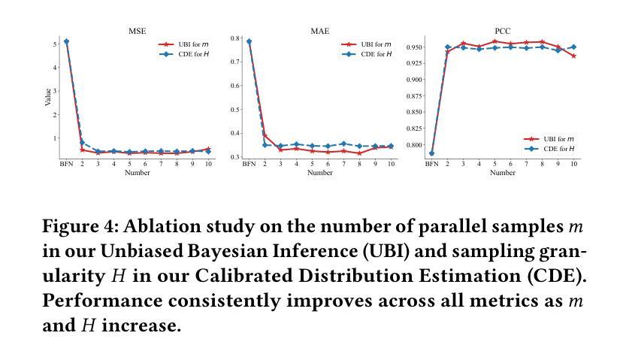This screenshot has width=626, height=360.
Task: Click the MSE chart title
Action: click(137, 32)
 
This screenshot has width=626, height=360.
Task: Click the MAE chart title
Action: click(319, 32)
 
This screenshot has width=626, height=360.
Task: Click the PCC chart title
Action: click(503, 32)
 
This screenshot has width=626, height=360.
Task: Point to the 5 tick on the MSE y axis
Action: click(54, 44)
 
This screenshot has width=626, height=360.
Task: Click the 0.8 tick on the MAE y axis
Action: click(236, 38)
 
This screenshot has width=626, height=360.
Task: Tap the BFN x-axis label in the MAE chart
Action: click(249, 163)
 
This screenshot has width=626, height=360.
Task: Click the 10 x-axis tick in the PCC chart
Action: click(574, 163)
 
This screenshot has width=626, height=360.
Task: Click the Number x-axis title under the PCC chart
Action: click(503, 173)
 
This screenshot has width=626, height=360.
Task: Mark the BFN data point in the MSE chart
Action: click(67, 41)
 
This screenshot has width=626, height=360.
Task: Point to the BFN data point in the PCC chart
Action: click(431, 153)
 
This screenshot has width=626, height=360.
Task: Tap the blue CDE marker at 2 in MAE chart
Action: click(265, 144)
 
